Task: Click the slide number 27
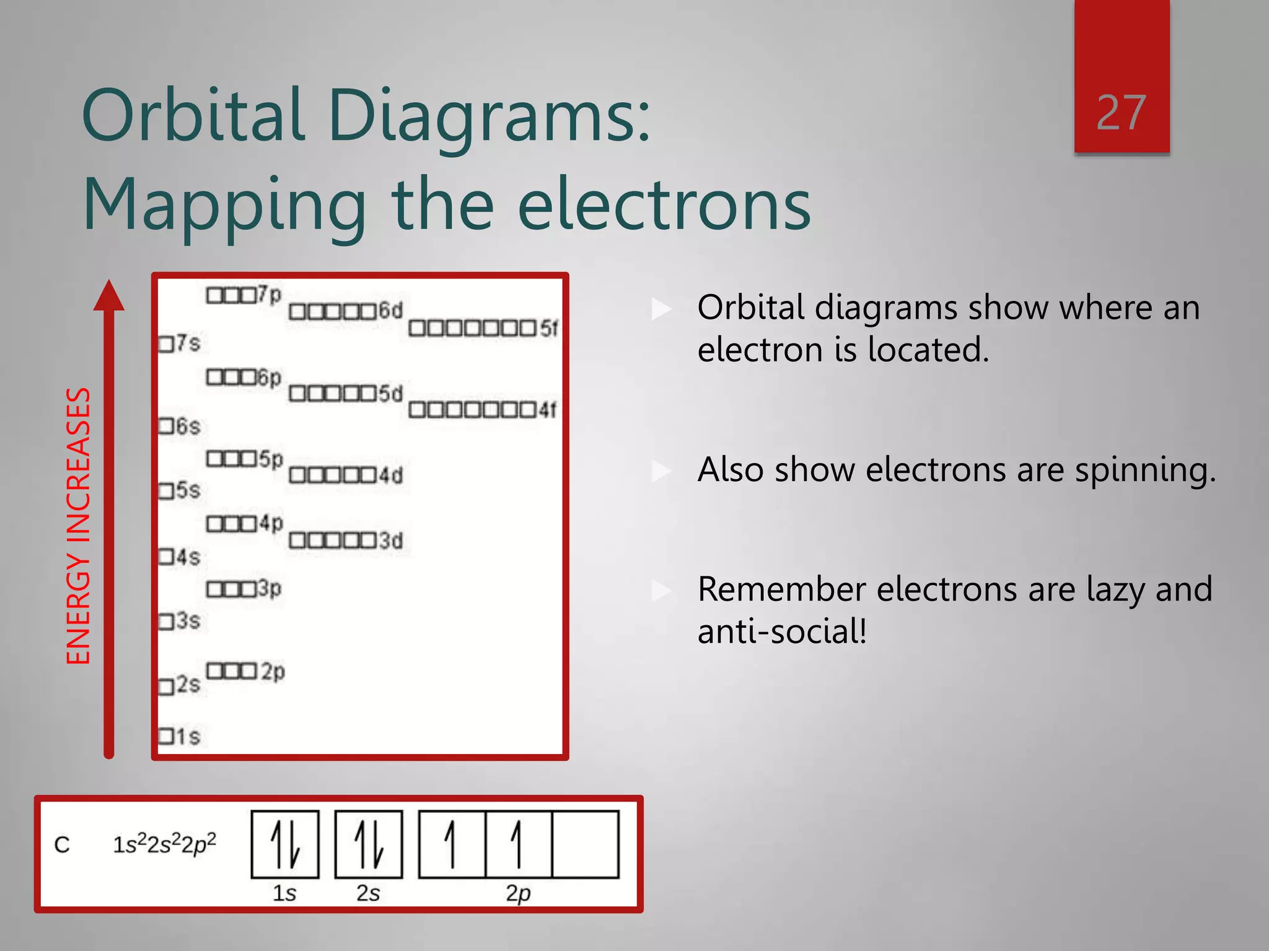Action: pos(1121,113)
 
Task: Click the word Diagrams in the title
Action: pos(490,116)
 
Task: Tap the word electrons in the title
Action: pos(664,205)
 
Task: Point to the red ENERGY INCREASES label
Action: pos(79,526)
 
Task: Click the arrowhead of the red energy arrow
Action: pos(109,295)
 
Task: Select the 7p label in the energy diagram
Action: pos(270,294)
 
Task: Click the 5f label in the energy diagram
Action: pos(549,328)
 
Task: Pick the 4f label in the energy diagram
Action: pos(548,410)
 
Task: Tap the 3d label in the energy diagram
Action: pos(391,541)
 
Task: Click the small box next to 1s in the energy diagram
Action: pos(165,737)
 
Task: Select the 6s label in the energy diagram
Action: pos(188,426)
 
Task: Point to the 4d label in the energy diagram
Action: pos(391,475)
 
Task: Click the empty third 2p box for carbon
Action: pos(586,845)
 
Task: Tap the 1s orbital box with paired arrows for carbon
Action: pos(285,845)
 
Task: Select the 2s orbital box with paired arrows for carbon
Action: pos(369,845)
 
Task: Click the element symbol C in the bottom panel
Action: pos(62,845)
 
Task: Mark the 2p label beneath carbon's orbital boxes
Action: pos(519,893)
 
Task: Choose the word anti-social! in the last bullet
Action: pos(782,632)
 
